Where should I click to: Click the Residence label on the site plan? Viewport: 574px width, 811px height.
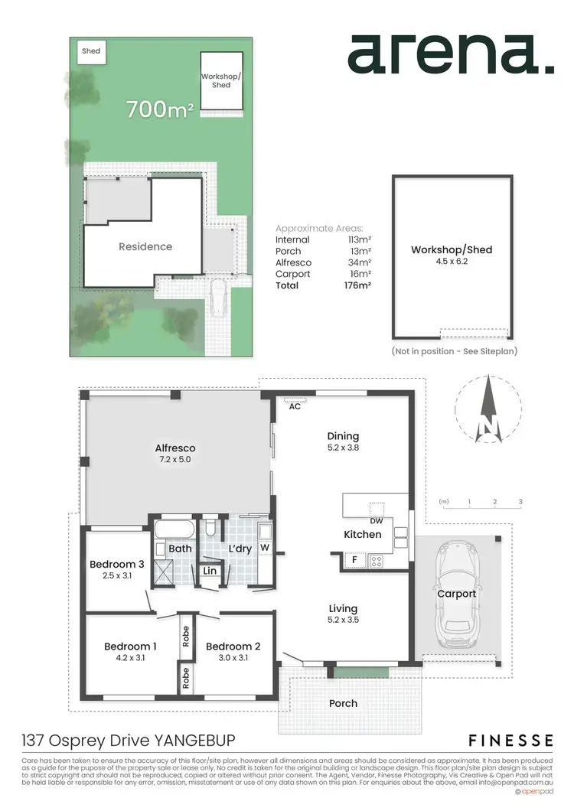click(145, 246)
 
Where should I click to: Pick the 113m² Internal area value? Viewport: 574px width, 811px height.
click(359, 239)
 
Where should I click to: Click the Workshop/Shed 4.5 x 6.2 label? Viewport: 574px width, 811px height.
click(451, 256)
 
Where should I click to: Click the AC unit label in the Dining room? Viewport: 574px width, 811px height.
click(295, 407)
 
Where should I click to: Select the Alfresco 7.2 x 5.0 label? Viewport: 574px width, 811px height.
click(175, 454)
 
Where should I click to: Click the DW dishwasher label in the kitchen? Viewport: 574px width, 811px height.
click(376, 520)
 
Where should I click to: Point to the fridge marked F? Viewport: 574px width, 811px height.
click(354, 560)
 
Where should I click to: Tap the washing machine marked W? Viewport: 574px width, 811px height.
click(263, 548)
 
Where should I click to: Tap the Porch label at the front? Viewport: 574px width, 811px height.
click(343, 703)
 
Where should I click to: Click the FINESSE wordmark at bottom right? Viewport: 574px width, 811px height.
click(510, 740)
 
